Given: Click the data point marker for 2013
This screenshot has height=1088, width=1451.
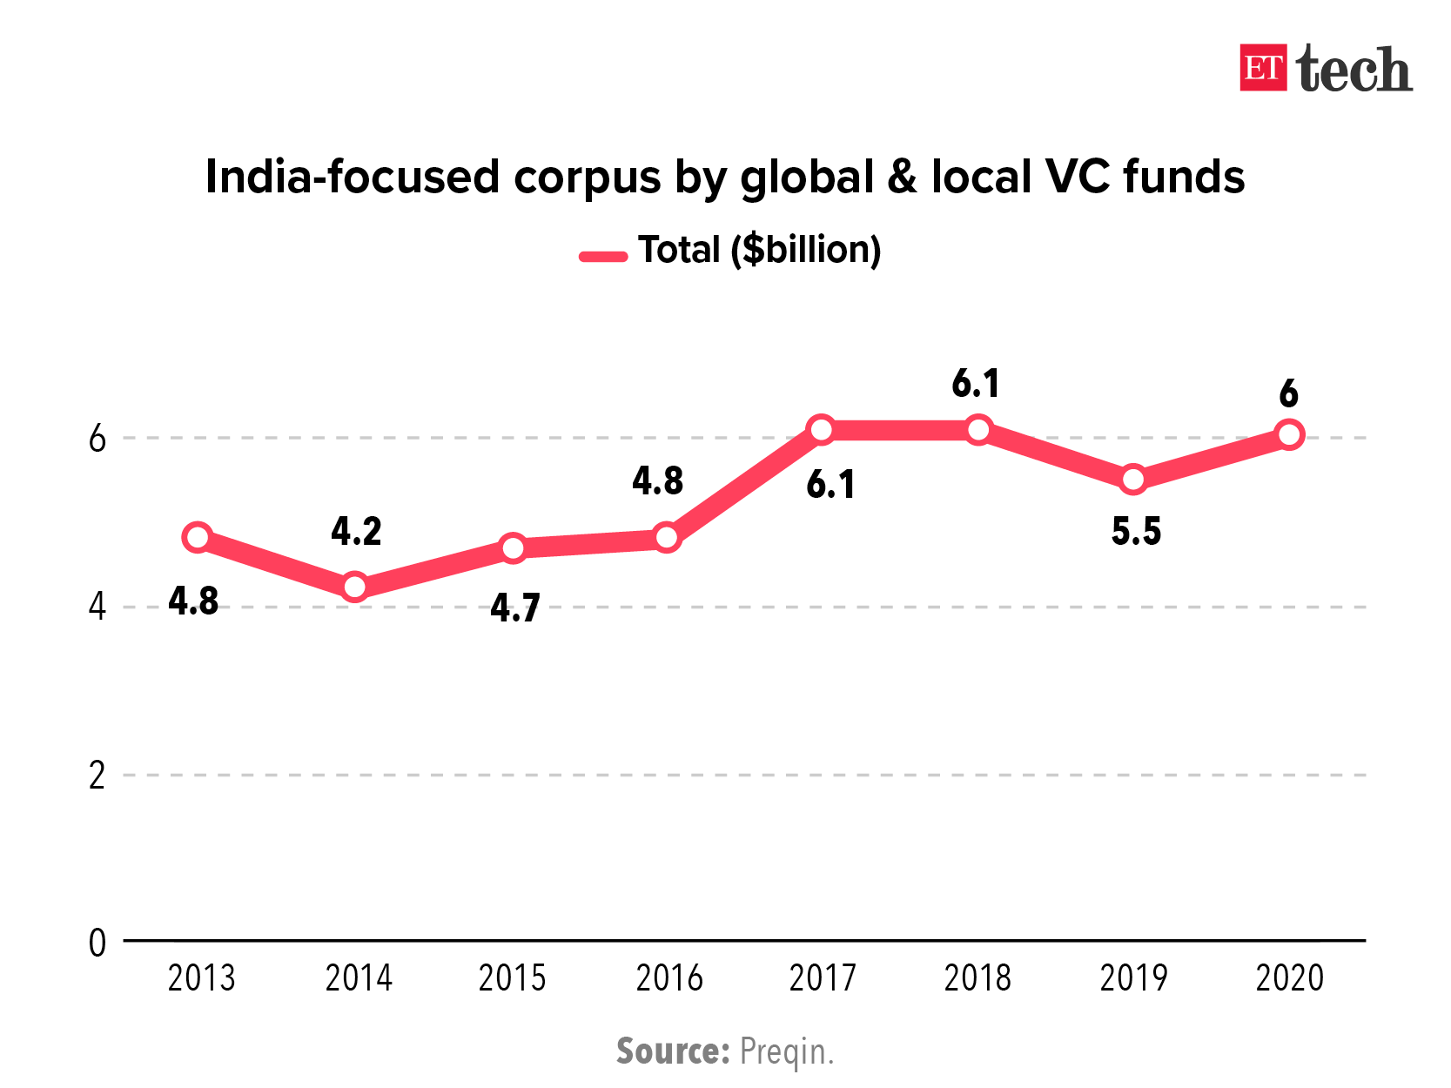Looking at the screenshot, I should [198, 538].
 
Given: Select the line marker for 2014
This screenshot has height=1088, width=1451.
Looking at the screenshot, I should [354, 587].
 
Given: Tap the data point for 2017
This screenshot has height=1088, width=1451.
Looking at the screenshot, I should [821, 429].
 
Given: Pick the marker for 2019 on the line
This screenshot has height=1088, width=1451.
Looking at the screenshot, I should [1133, 479].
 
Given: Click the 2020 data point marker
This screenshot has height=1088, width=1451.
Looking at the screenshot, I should [1289, 434].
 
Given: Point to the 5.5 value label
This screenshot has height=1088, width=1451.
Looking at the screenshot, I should [1136, 531].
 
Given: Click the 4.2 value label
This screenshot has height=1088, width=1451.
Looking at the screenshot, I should [356, 531].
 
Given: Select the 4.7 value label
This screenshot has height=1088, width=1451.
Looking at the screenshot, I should [514, 608].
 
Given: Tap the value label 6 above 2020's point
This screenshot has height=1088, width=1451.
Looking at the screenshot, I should [1288, 394].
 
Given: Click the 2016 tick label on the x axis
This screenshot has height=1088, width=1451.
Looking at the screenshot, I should [668, 978].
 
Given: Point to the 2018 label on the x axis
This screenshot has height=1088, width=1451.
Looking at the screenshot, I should [977, 978].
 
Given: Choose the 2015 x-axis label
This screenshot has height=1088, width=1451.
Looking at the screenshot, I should [512, 978].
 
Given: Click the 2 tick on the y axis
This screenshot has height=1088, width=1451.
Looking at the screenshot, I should [97, 775].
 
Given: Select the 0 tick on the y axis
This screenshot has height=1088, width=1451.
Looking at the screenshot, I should [97, 942].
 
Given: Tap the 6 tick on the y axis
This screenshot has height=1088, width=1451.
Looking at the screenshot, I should [97, 438].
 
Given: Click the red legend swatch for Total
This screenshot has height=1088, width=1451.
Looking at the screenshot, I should [603, 256].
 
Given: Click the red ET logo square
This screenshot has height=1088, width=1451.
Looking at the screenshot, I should [1263, 68].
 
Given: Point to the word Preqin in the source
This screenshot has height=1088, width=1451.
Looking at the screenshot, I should [785, 1051].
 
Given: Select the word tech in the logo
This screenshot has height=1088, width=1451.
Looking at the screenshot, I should [1354, 70].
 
